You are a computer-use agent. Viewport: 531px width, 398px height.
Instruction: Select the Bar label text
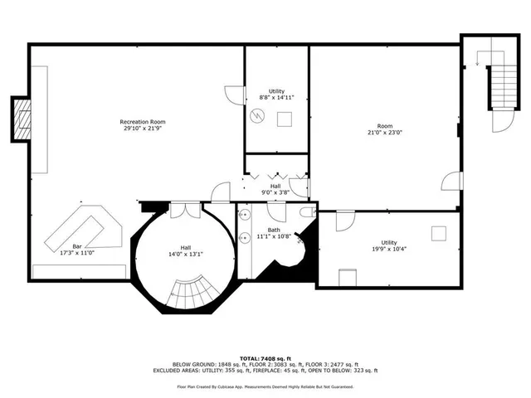pyautogui.click(x=77, y=246)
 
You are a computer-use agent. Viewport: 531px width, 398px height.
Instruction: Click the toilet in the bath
pyautogui.click(x=306, y=214)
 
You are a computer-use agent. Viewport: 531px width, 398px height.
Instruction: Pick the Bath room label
pyautogui.click(x=274, y=231)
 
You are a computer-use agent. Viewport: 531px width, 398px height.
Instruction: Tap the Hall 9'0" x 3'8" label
pyautogui.click(x=275, y=189)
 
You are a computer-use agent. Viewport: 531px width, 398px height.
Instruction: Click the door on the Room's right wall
pyautogui.click(x=451, y=180)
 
